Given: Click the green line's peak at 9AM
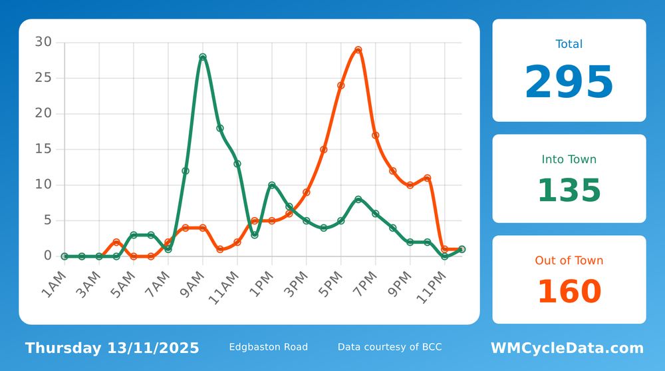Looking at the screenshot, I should [x=203, y=57].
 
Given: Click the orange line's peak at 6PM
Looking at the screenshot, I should [x=358, y=50].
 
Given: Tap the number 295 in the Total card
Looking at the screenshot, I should [x=569, y=83].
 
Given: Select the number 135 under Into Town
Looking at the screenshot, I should [x=569, y=190].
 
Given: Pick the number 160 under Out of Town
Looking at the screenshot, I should [x=569, y=292].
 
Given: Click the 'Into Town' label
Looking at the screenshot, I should [x=569, y=159].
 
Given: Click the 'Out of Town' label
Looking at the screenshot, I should [x=569, y=260].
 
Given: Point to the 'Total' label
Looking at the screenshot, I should [x=569, y=44].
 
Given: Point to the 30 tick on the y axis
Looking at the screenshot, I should [x=43, y=42].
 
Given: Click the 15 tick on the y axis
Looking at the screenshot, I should [x=43, y=149].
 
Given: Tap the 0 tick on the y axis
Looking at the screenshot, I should [x=47, y=256].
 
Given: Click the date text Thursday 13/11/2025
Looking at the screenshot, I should [x=112, y=348].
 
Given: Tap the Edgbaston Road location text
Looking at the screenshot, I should [x=268, y=347].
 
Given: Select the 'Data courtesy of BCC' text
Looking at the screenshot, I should [x=389, y=347].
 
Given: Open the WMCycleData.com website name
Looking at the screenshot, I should [x=567, y=348].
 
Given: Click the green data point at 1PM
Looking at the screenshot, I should [x=272, y=185].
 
